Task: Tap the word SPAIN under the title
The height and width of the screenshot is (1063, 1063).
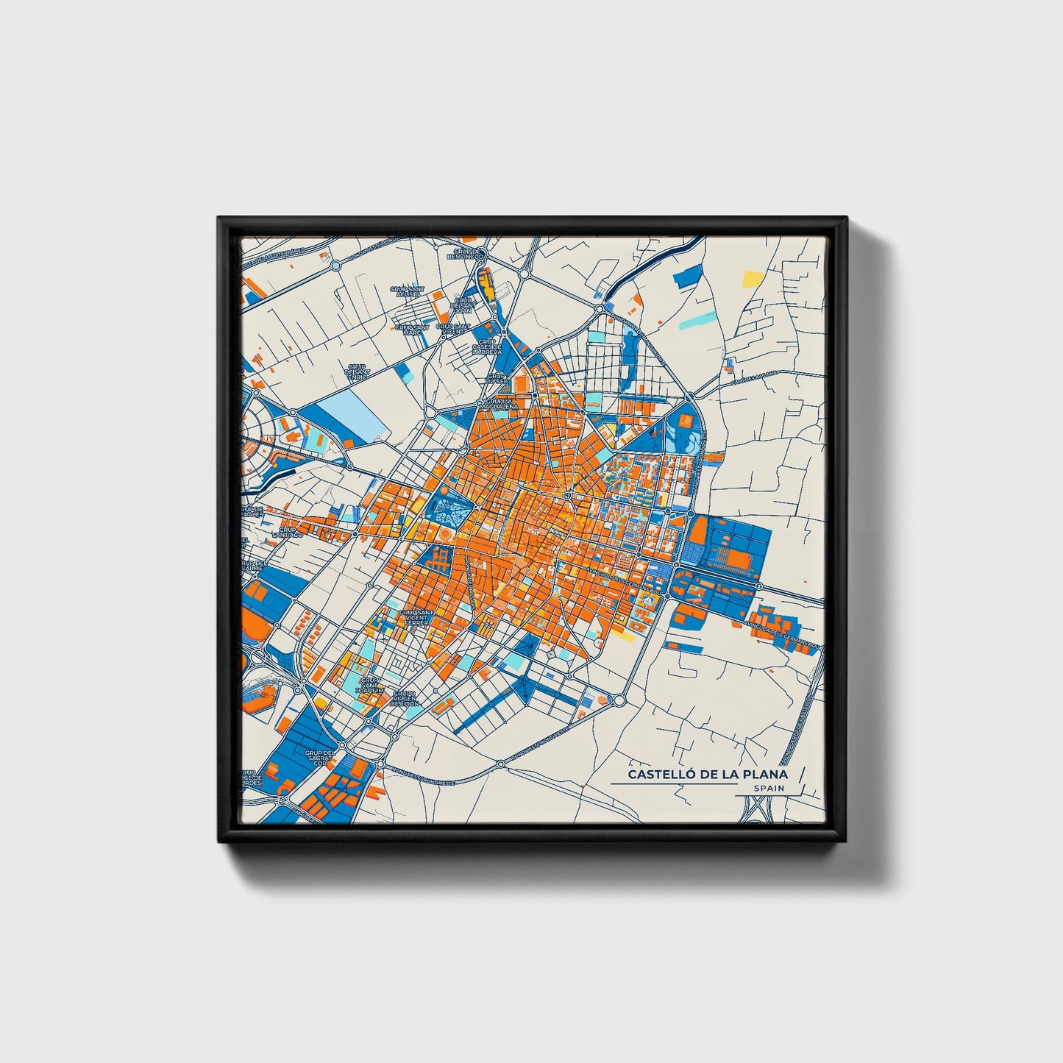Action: (769, 789)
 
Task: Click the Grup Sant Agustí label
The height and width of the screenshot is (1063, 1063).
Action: (407, 292)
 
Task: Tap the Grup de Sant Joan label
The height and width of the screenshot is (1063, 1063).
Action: (463, 305)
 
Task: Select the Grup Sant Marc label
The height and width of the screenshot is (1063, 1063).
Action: (412, 330)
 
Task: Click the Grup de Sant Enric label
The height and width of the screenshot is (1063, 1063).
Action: (358, 371)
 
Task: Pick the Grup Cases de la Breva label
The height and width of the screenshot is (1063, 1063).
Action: (487, 346)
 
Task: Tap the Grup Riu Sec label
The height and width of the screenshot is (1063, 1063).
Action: (497, 380)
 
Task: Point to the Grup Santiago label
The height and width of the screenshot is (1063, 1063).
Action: (288, 532)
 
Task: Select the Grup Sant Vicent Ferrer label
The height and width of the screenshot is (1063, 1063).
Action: (416, 616)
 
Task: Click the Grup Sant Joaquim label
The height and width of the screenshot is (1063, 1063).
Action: (370, 686)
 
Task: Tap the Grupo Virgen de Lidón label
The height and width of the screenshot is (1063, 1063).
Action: (404, 698)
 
